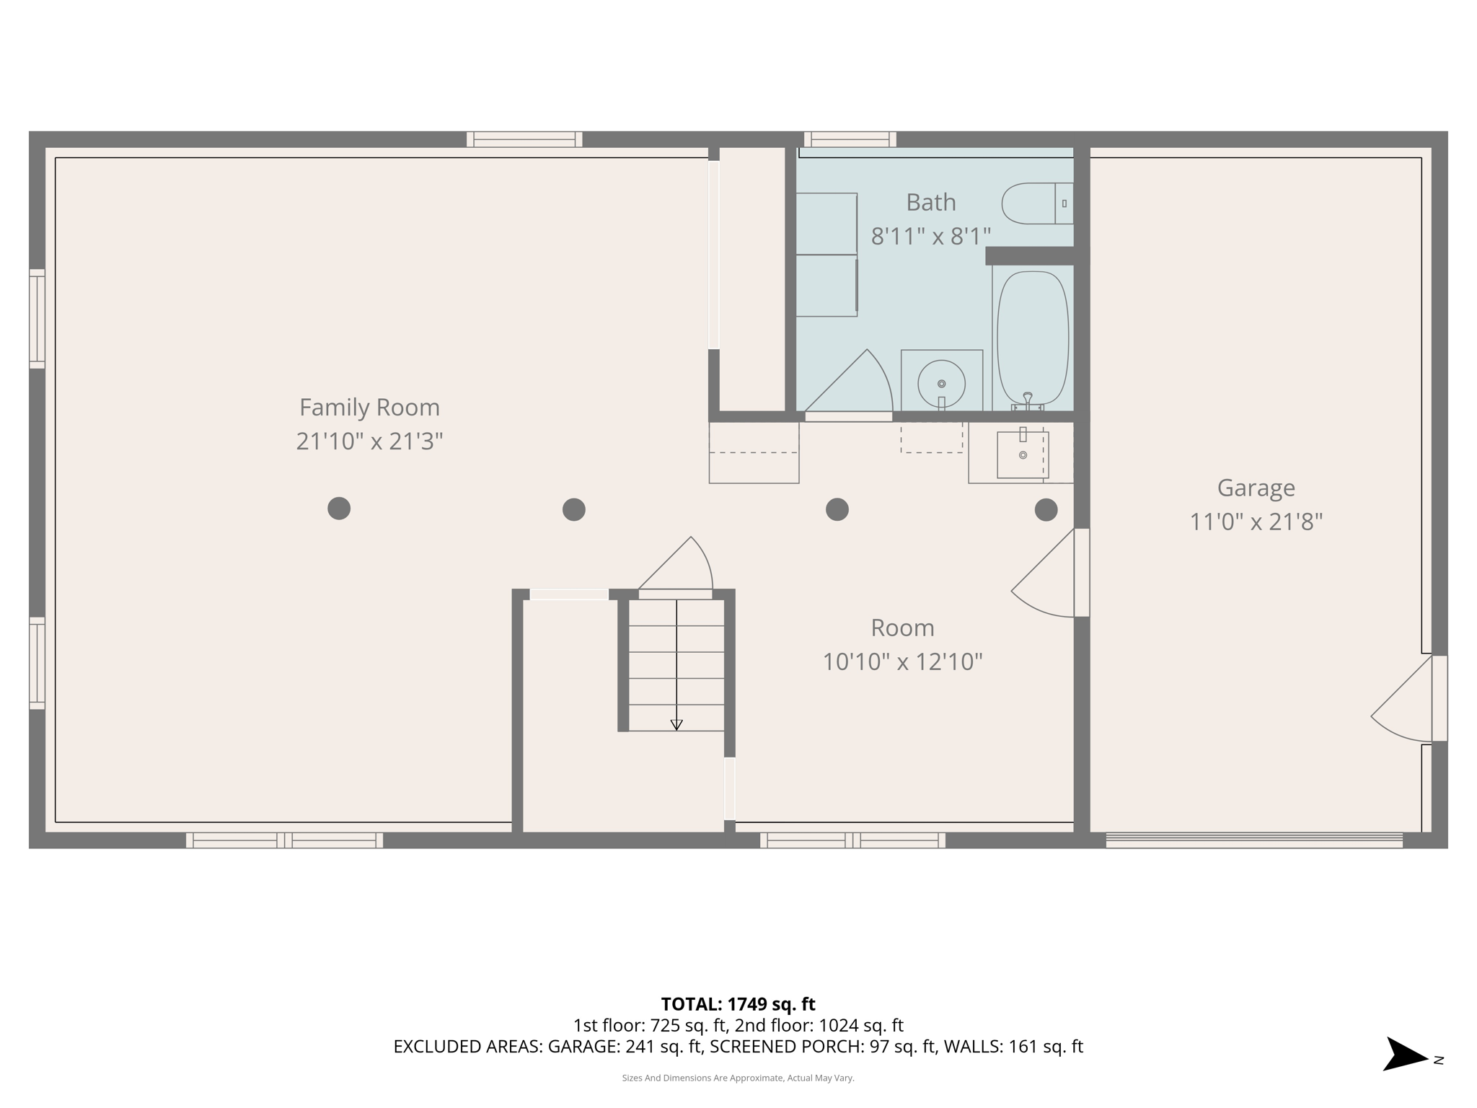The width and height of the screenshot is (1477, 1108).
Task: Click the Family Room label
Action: point(369,408)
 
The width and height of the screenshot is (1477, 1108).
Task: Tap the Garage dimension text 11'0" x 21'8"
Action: point(1256,522)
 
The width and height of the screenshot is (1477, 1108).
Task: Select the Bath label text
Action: point(930,203)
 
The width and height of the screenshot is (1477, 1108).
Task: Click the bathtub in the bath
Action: point(1032,338)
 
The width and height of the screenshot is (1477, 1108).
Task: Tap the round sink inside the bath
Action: point(941,384)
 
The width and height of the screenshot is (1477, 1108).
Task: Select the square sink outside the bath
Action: point(1023,454)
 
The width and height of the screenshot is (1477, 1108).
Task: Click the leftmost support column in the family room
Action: point(339,509)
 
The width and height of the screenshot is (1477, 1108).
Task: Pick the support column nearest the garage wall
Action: point(1046,510)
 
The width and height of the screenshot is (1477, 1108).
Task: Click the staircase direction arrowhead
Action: point(676,725)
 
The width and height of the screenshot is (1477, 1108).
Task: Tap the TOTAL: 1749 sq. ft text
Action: point(738,1004)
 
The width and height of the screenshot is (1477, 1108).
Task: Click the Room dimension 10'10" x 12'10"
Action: point(902,661)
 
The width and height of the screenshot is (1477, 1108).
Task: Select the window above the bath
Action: point(850,139)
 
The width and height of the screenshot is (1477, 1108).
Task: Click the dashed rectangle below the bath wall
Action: point(931,437)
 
